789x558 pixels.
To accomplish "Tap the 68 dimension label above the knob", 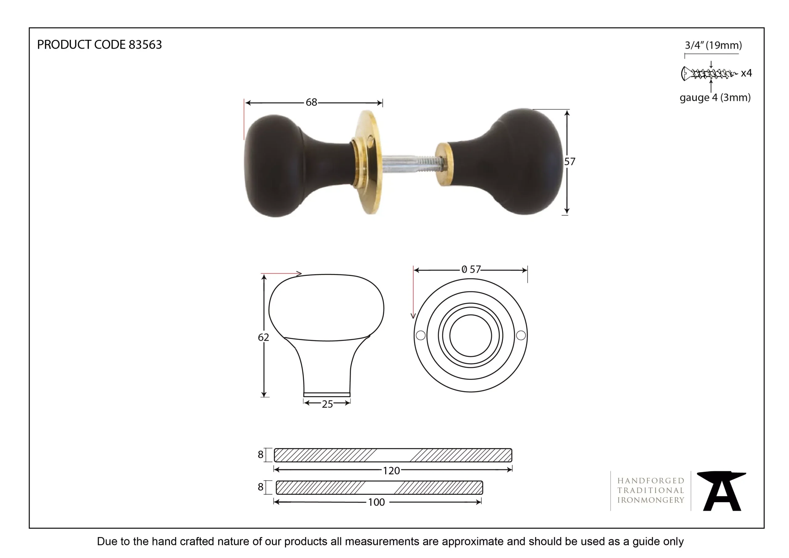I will point(311,102).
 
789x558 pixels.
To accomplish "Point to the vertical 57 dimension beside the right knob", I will point(570,162).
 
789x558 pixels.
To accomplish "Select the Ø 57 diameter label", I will point(471,269).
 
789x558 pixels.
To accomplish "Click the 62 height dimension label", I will point(263,337).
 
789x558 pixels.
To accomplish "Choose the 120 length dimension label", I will point(391,471).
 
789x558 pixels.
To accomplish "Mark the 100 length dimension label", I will point(376,502).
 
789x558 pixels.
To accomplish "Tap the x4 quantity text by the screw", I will point(746,73).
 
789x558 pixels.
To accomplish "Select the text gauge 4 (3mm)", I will point(715,98).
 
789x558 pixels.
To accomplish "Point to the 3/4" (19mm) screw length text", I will point(713,45).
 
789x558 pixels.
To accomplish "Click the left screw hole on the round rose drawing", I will point(421,335).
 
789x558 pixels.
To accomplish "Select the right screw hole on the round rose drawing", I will point(521,335).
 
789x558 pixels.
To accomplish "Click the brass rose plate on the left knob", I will point(370,162).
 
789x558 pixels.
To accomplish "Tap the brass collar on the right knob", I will point(444,165).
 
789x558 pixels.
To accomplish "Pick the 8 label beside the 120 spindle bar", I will point(260,454).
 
